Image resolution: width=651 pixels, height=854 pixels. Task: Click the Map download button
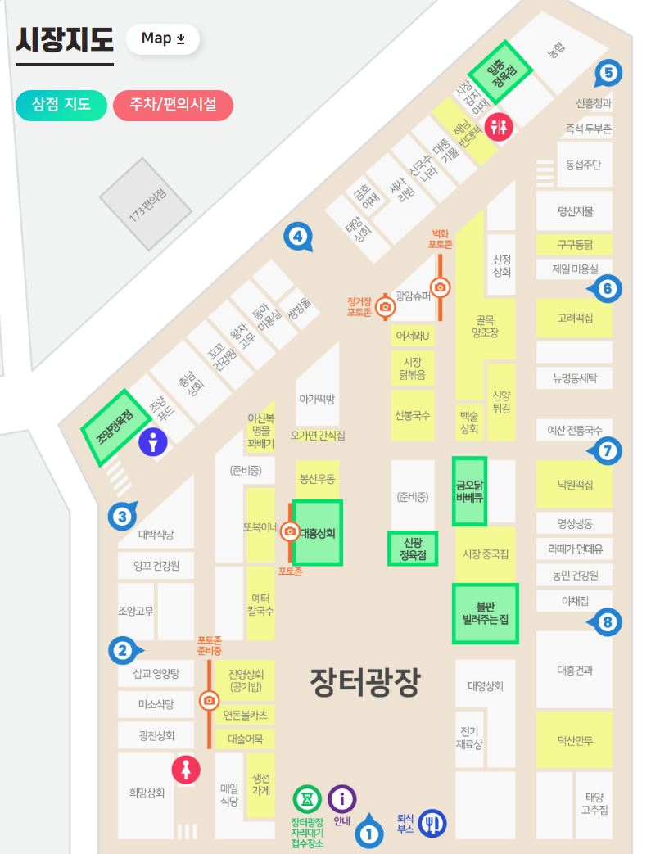(163, 38)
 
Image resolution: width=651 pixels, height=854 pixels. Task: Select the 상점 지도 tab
(61, 105)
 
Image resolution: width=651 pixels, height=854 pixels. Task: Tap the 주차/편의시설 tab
(173, 105)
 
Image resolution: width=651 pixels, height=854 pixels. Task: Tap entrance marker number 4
(297, 237)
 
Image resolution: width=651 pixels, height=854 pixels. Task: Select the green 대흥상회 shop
(317, 532)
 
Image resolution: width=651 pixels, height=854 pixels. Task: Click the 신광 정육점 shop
(412, 549)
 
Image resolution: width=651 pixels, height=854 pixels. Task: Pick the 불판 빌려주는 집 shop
(485, 612)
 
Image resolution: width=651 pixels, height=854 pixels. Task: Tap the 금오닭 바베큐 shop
(470, 490)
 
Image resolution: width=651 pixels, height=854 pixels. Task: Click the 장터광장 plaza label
(364, 683)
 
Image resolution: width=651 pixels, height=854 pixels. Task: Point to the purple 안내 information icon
(342, 798)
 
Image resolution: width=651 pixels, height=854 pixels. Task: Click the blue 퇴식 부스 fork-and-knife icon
(432, 822)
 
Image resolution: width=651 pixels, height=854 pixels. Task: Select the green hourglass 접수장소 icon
(307, 798)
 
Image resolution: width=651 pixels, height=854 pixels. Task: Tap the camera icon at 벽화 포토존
(441, 287)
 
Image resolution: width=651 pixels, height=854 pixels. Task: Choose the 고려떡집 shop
(574, 318)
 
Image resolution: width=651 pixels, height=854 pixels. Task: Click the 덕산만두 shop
(574, 741)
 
